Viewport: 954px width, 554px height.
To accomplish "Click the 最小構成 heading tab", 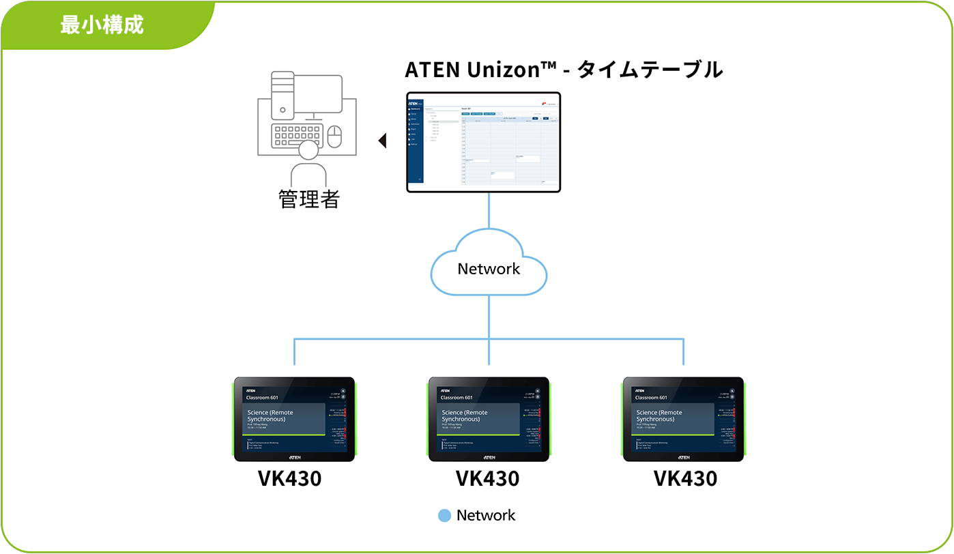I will (x=102, y=25).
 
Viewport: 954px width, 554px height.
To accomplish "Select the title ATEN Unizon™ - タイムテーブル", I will (x=563, y=70).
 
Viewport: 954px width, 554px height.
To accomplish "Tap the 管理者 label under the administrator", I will (x=308, y=199).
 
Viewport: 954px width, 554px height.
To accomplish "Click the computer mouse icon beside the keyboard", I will (x=334, y=136).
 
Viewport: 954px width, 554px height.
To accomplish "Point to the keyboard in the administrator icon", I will (x=296, y=135).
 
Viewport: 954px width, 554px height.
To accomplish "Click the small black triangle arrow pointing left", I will (x=383, y=141).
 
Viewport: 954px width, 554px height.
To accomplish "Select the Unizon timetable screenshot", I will (x=483, y=142).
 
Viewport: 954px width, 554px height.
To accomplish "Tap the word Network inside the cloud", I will (x=489, y=269).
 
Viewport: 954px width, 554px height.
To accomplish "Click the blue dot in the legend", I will (x=444, y=516).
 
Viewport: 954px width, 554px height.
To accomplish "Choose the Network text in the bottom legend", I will (x=486, y=515).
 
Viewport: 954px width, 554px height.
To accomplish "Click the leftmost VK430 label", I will (x=289, y=478).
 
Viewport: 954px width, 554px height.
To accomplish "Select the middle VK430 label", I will (x=487, y=478).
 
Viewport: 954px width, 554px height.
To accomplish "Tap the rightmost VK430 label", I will (x=685, y=478).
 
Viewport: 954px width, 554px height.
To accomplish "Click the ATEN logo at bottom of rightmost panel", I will (x=684, y=457).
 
